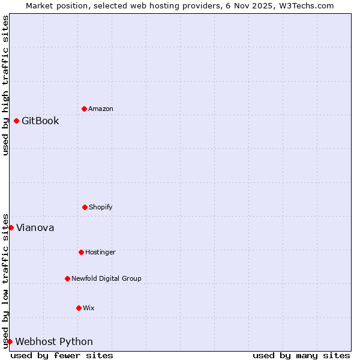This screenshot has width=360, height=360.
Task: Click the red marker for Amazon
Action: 84,109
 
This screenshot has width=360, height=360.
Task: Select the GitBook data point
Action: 16,121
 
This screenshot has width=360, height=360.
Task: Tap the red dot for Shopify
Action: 85,207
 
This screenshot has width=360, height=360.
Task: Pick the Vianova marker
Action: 11,227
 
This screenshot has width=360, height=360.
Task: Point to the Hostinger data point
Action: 81,252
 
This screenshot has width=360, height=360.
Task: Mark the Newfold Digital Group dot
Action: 67,278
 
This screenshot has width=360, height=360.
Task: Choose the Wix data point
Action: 79,308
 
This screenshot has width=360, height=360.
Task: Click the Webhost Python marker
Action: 10,341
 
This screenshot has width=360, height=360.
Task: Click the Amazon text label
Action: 101,109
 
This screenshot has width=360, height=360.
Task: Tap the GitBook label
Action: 40,121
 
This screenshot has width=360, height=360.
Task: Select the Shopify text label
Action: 101,207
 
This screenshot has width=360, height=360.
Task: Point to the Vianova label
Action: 35,227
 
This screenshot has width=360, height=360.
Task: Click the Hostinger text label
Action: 100,252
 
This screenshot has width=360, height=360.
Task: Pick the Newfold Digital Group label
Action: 106,278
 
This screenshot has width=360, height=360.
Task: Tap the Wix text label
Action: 89,308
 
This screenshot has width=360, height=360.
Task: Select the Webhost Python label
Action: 54,341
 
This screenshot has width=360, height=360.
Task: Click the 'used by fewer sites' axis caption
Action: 62,355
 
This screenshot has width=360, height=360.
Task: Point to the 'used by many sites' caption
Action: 301,355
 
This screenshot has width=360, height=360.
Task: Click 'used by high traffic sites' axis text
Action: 5,85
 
